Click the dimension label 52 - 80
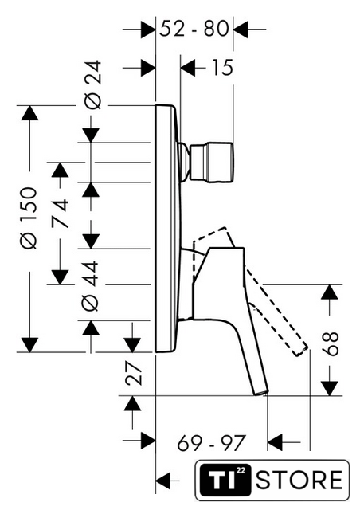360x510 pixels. click(x=194, y=29)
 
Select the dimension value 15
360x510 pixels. click(x=222, y=68)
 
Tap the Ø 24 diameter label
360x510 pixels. click(x=92, y=84)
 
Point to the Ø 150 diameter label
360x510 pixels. click(x=29, y=218)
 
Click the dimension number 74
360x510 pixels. click(x=61, y=214)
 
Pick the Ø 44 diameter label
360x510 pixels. click(x=90, y=285)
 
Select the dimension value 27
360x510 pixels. click(x=134, y=373)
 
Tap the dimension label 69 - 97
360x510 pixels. click(x=211, y=443)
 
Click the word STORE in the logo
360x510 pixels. click(x=299, y=480)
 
